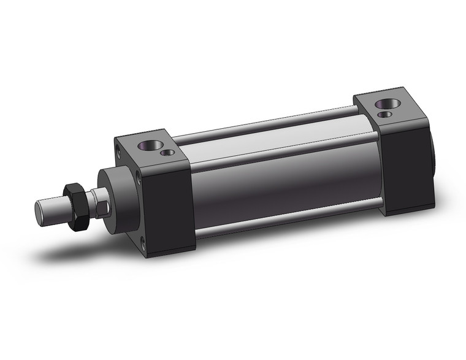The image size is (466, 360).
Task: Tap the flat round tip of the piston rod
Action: tap(39, 210)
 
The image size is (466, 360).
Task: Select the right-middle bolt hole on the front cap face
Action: tap(140, 178)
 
